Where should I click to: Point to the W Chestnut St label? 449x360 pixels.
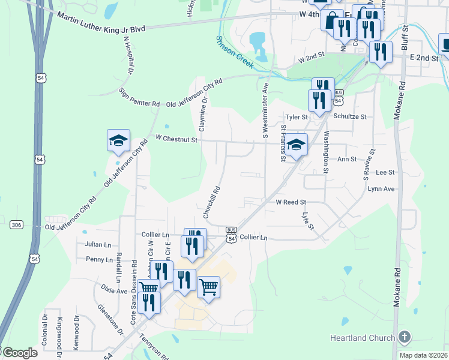(x=176, y=139)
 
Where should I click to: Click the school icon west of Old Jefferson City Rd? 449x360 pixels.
(x=118, y=142)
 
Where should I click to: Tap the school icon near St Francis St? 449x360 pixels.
(x=296, y=145)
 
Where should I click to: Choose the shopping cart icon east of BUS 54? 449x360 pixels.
(x=208, y=287)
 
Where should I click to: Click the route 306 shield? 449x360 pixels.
(x=16, y=224)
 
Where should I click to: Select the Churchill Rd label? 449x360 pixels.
(x=212, y=201)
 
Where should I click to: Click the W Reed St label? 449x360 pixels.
(x=291, y=203)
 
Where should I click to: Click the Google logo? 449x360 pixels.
(x=19, y=352)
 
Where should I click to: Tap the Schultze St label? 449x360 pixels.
(x=349, y=116)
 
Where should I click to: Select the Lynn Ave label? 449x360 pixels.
(x=381, y=189)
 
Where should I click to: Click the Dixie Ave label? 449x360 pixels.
(x=113, y=290)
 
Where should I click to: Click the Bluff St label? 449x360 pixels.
(x=405, y=37)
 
